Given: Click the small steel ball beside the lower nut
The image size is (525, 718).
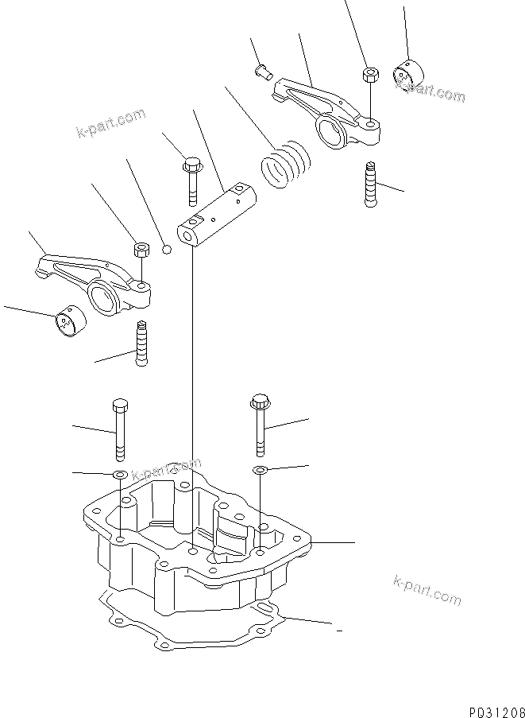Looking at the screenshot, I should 166,249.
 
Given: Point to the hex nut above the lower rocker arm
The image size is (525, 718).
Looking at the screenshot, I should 140,250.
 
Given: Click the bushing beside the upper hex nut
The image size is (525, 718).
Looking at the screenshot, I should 407,76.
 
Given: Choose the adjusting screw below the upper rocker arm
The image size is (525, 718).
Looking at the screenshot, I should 370,184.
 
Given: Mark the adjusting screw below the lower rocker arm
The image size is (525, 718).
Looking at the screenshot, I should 142,343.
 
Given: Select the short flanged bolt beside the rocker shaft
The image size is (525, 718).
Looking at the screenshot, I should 191,180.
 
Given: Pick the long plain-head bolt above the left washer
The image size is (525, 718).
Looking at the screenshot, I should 119,429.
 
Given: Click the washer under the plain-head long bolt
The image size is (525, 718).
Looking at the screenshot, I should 119,475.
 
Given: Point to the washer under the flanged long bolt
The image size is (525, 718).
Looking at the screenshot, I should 259,472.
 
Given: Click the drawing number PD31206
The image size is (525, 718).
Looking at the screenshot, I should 490,704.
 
